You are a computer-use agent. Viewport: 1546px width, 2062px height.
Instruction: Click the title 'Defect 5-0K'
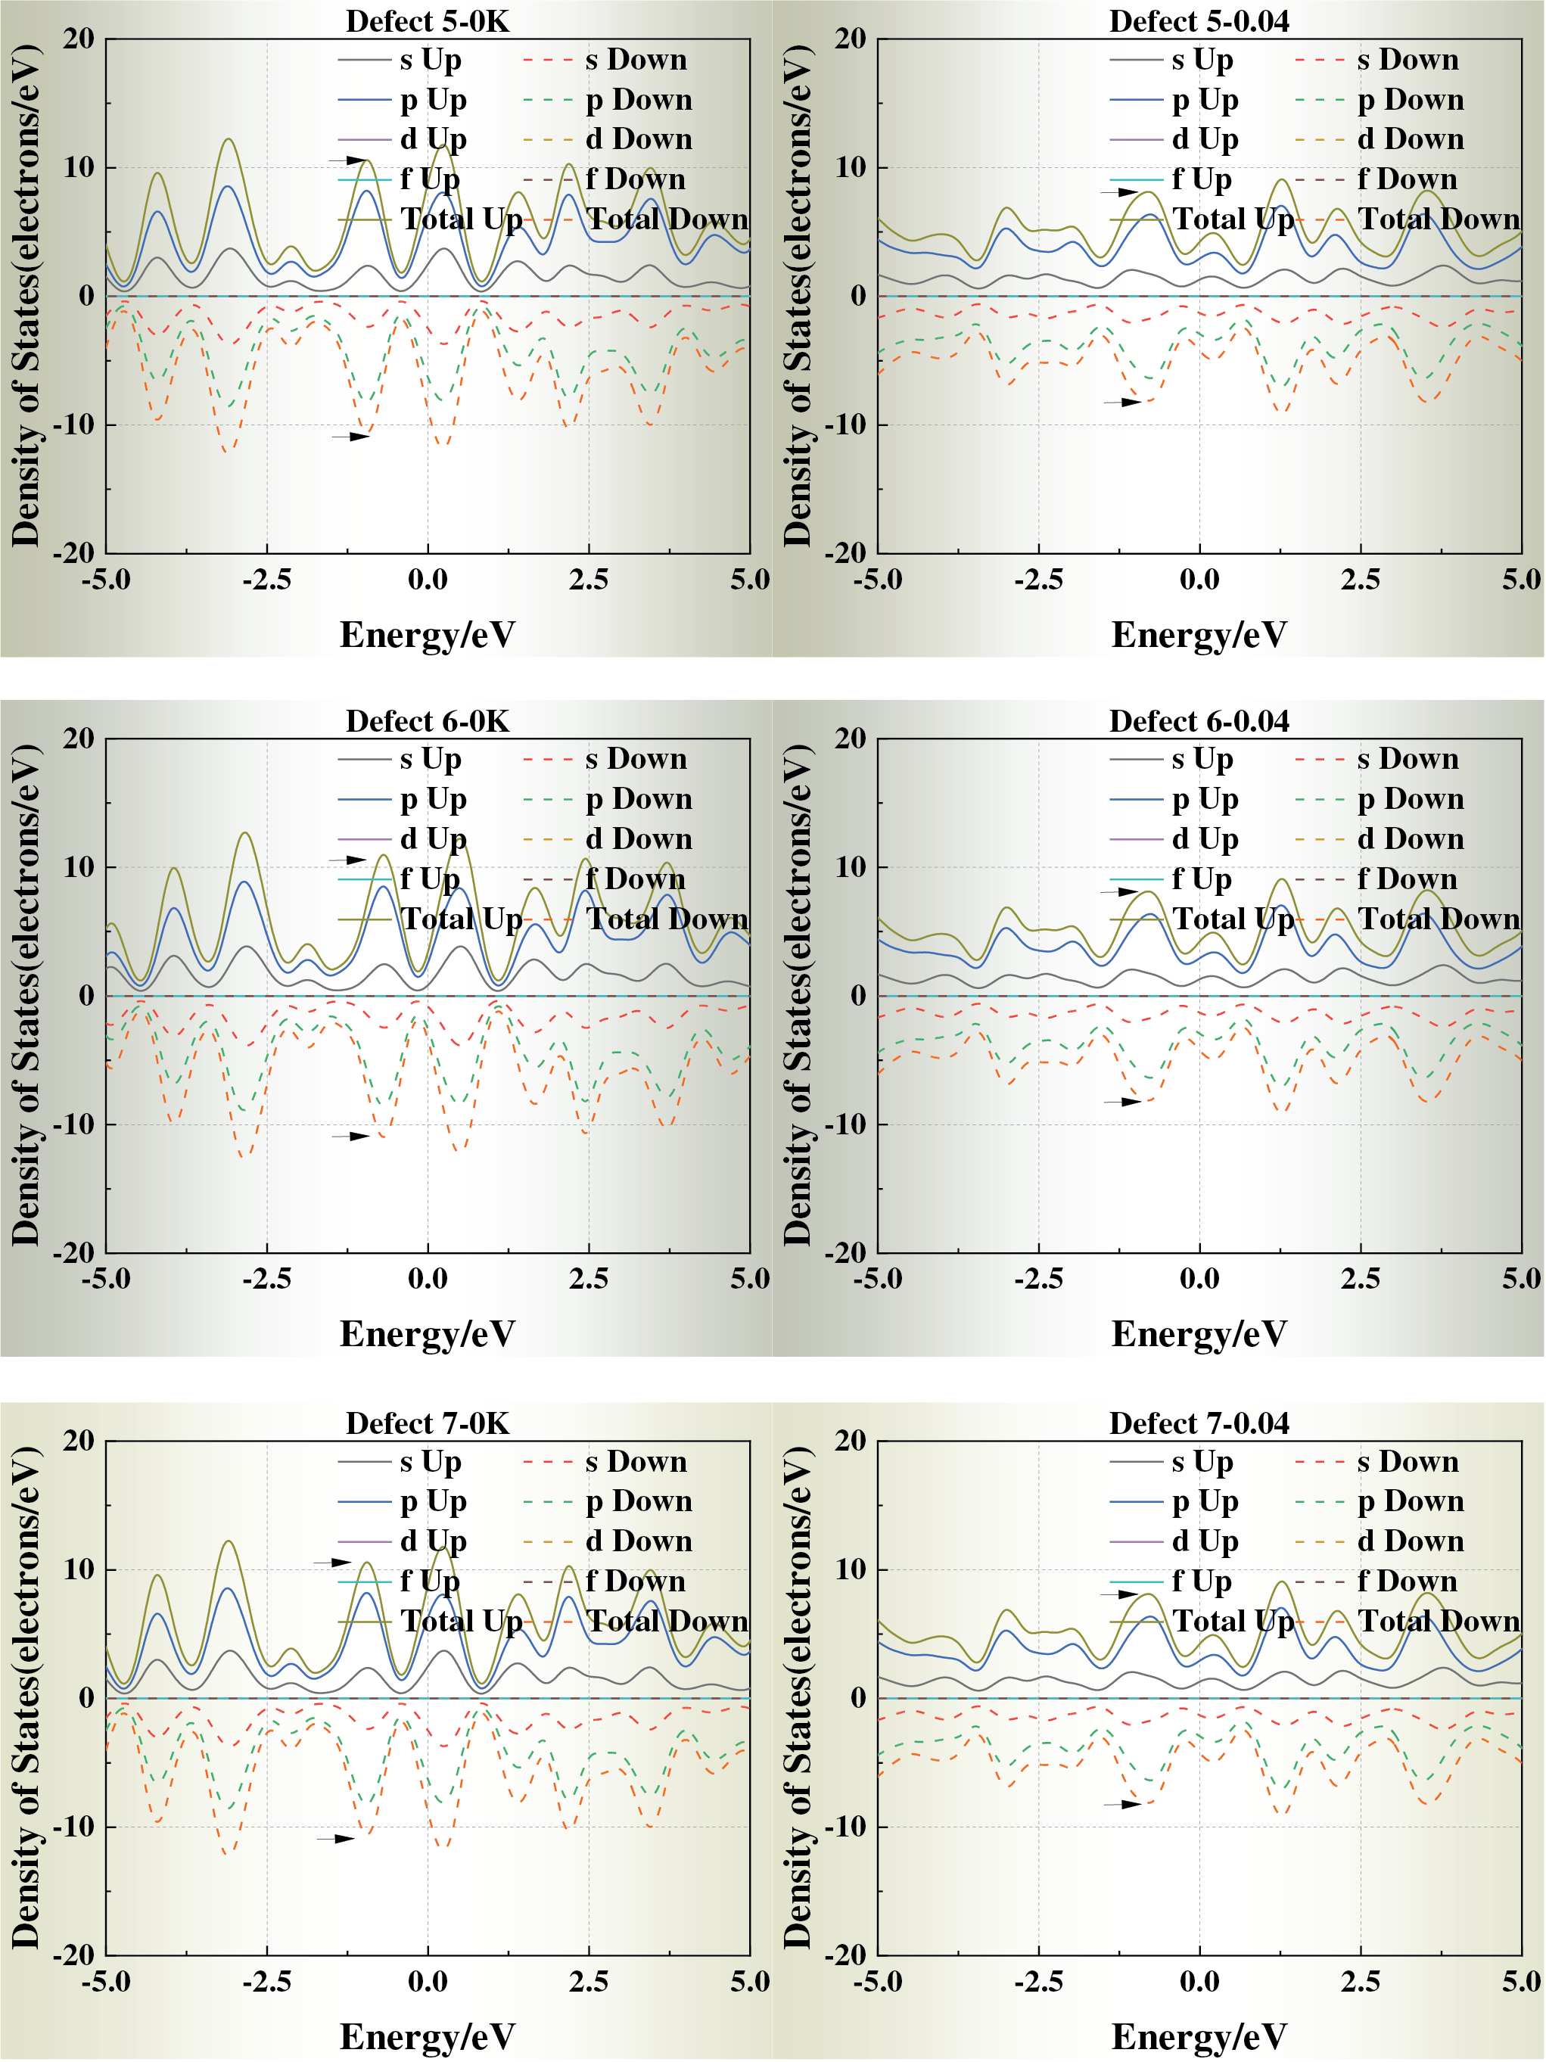(427, 21)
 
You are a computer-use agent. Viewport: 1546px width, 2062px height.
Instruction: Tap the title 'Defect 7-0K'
(427, 1423)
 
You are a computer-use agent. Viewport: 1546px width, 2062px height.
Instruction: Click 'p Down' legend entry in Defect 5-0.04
(1410, 100)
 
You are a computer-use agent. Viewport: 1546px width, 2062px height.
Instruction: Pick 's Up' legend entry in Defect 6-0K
(430, 759)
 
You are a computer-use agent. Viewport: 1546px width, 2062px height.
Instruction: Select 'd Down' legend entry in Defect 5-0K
(638, 140)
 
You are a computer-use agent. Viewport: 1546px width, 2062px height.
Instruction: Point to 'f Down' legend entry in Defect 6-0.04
(1406, 879)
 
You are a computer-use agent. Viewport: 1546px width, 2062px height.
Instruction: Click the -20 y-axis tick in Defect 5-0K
(73, 553)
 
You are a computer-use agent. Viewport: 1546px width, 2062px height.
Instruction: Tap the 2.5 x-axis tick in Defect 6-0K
(589, 1279)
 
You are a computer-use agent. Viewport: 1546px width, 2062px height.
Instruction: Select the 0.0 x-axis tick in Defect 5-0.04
(1199, 580)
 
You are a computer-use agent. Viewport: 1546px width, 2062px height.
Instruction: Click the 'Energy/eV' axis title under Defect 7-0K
(427, 2037)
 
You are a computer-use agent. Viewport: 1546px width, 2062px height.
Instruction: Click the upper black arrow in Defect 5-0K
(349, 160)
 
